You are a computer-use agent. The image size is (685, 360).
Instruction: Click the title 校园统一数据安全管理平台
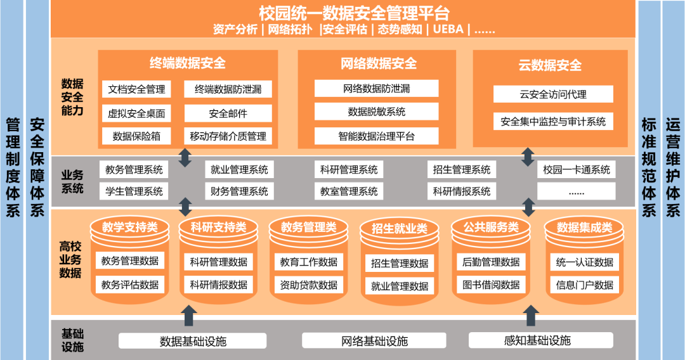[x=354, y=13]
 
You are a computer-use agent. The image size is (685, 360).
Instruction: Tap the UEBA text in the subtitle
[x=449, y=29]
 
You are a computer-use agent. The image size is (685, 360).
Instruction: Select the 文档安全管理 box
[x=136, y=89]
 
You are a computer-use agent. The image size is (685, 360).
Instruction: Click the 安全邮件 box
[x=228, y=113]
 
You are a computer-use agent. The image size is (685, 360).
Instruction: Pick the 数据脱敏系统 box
[x=376, y=112]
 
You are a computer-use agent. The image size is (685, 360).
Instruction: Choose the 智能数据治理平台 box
[x=376, y=135]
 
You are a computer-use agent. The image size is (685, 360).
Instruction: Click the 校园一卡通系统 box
[x=576, y=170]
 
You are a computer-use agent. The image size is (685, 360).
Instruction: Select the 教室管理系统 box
[x=349, y=191]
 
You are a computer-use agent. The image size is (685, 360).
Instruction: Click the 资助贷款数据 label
[x=309, y=285]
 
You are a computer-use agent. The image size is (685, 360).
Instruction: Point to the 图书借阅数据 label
[x=488, y=285]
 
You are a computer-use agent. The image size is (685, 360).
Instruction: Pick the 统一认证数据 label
[x=584, y=262]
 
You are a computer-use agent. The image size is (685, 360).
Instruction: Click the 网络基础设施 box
[x=374, y=341]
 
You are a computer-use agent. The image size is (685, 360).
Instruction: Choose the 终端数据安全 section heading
[x=188, y=63]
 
